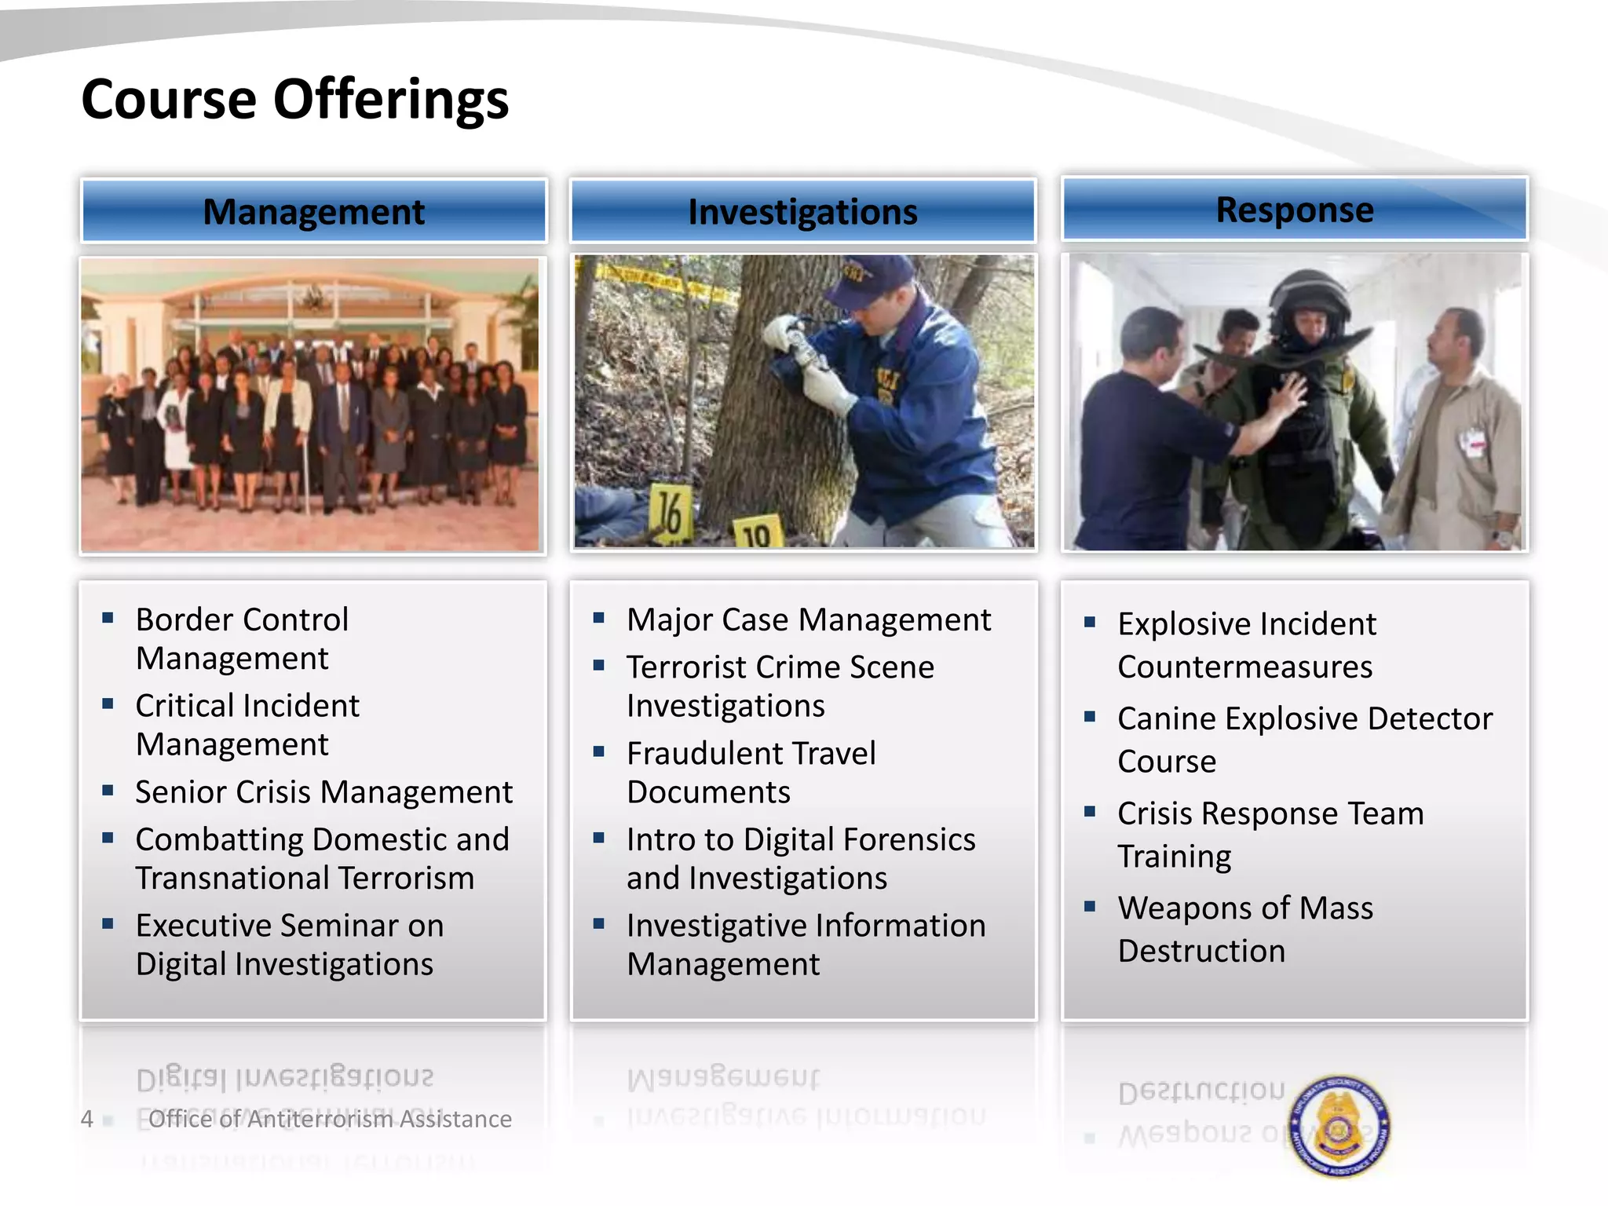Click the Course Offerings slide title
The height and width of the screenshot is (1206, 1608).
click(294, 100)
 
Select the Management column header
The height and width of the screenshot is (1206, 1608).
click(313, 212)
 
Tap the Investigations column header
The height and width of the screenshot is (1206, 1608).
click(802, 212)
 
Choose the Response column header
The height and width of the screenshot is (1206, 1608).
click(1294, 210)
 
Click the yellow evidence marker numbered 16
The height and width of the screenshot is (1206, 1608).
click(670, 513)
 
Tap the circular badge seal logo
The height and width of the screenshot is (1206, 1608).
click(1340, 1127)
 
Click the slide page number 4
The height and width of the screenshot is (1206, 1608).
click(87, 1119)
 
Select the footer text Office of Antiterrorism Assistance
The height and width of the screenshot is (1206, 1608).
click(330, 1119)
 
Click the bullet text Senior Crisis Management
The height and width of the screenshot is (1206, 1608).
click(323, 792)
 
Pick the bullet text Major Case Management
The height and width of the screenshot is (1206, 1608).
click(809, 620)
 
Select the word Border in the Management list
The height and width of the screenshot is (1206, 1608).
click(182, 620)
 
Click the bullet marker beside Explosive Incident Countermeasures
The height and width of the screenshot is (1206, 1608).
click(1090, 623)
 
